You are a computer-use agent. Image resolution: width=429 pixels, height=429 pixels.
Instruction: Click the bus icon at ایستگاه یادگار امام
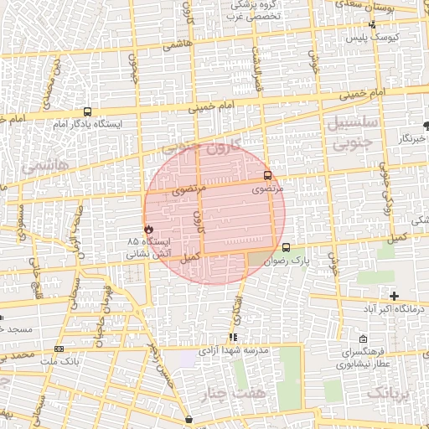pos(88,111)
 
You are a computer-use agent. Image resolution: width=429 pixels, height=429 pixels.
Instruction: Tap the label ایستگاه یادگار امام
pos(88,124)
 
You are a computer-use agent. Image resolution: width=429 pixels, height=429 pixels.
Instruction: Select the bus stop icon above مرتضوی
pos(267,176)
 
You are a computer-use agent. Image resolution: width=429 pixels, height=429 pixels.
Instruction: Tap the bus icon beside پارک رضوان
pos(287,247)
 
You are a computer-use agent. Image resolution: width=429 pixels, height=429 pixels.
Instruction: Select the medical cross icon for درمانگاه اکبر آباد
pos(394,296)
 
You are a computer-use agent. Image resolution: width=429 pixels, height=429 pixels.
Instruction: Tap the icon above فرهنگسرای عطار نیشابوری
pos(361,339)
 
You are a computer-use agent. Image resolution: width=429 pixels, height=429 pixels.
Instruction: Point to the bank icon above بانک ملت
pos(59,348)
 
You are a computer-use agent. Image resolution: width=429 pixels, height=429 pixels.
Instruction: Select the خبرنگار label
pos(411,137)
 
